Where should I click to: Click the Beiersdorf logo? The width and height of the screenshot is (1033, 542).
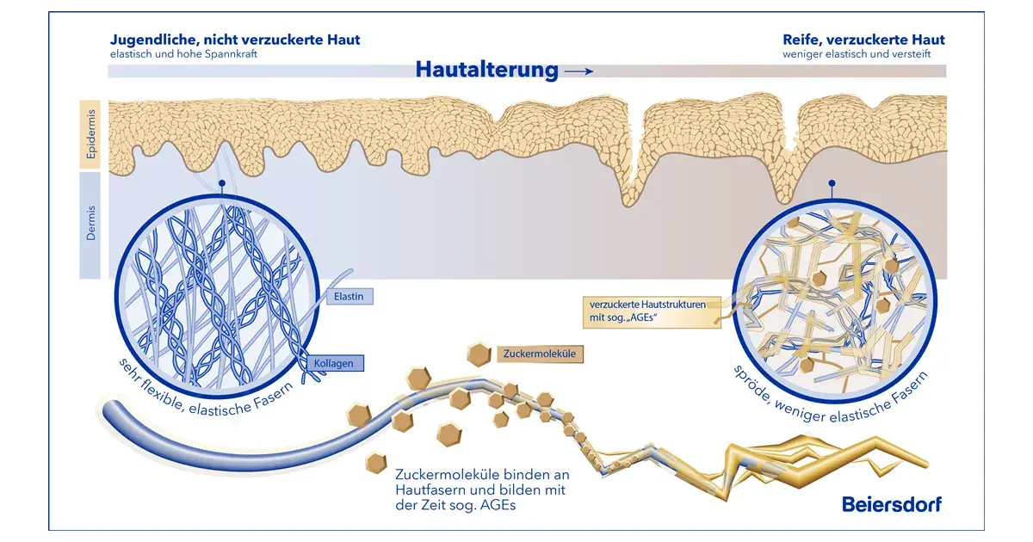coord(892,504)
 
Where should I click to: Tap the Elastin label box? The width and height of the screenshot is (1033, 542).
coord(349,296)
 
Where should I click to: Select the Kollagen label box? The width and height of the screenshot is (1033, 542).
coord(334,363)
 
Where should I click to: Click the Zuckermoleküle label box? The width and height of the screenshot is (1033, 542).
coord(540,354)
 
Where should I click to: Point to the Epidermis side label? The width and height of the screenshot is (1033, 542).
coord(90,134)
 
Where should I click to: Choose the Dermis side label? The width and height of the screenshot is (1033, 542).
coord(90,224)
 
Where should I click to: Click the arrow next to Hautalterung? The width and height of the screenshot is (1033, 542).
coord(578,71)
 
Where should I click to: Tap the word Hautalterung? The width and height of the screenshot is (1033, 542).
coord(487,70)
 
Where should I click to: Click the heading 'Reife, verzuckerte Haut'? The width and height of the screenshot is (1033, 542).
coord(863,40)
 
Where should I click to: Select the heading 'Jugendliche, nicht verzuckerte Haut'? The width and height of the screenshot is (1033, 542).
coord(235,40)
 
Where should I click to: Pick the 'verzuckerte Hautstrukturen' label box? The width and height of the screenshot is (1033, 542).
coord(652,311)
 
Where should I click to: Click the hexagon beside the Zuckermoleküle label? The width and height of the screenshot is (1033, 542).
coord(479,354)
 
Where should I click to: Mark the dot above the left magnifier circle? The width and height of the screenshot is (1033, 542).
coord(222,183)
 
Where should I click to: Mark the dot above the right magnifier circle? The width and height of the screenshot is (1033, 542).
coord(832,183)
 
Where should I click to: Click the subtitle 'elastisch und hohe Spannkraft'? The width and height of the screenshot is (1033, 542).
coord(183,54)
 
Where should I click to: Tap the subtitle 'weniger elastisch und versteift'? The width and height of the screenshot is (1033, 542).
coord(857,54)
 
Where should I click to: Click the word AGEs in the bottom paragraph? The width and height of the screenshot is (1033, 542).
coord(498,505)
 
